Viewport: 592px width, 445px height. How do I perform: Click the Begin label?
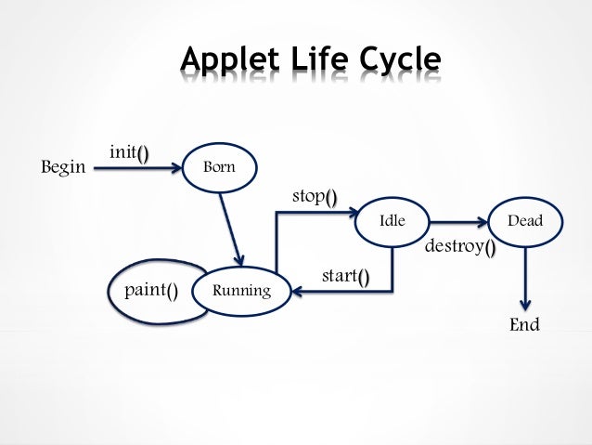click(x=63, y=168)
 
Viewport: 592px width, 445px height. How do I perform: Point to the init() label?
click(x=129, y=152)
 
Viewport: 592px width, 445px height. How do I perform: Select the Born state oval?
click(x=220, y=168)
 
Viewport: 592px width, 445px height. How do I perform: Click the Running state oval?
click(x=241, y=291)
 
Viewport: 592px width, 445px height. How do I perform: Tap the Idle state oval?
click(x=393, y=222)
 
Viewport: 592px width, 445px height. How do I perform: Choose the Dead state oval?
click(x=525, y=222)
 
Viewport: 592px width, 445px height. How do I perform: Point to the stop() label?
click(x=315, y=196)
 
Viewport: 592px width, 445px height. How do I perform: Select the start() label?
click(x=344, y=277)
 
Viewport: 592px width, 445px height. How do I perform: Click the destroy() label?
click(x=459, y=248)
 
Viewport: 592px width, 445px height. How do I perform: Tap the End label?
click(x=524, y=326)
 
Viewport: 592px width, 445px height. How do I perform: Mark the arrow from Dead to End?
click(x=525, y=279)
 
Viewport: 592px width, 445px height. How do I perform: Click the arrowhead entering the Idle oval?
click(x=353, y=214)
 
